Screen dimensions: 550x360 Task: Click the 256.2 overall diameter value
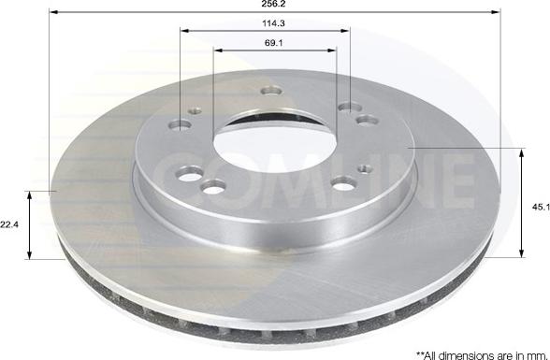click(273, 4)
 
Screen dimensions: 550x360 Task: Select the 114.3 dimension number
click(273, 23)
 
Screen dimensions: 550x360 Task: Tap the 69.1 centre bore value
click(274, 43)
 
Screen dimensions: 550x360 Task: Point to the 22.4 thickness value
click(9, 225)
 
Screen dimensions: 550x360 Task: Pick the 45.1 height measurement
click(541, 208)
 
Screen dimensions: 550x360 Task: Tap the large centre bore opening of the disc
click(274, 147)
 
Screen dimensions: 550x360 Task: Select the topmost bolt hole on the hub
click(271, 91)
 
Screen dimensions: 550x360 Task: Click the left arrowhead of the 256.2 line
click(53, 12)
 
